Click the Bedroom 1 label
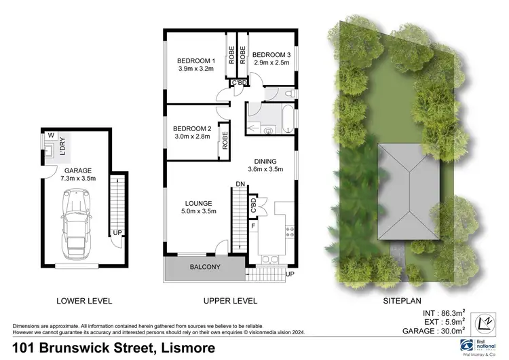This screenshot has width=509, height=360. [x=191, y=60]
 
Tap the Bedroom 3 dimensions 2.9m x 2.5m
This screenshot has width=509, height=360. [x=271, y=62]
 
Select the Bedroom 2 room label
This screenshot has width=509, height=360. [x=192, y=128]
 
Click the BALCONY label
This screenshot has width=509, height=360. [x=204, y=268]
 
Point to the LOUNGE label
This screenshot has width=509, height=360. [x=199, y=202]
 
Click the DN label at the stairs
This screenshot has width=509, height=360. [x=240, y=184]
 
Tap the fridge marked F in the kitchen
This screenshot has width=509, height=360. [x=253, y=224]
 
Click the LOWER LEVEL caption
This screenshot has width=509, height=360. [x=84, y=300]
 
